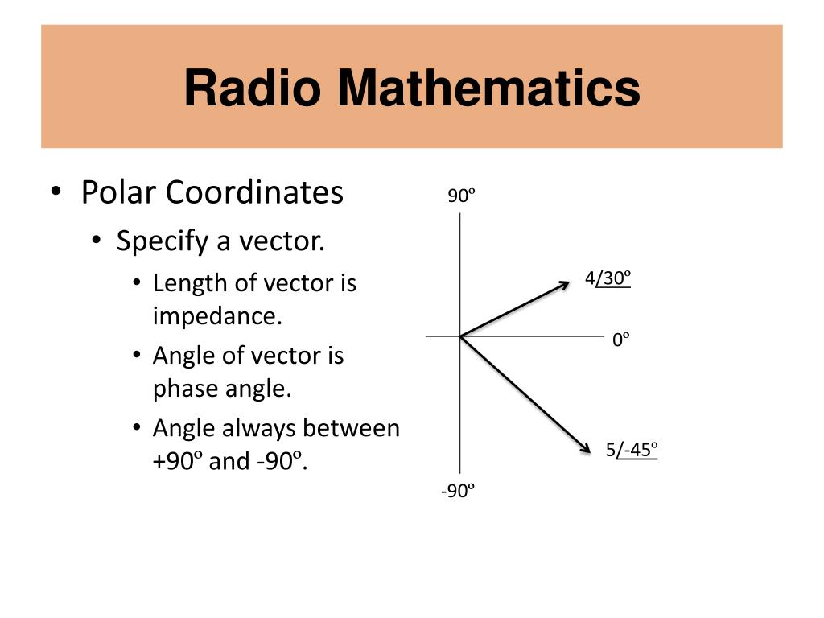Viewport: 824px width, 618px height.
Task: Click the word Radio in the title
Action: [x=253, y=88]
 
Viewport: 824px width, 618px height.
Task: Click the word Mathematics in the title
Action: [x=489, y=88]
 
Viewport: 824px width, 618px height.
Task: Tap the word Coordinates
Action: [x=254, y=192]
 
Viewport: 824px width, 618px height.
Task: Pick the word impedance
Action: [x=217, y=315]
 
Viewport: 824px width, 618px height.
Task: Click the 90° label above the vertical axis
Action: [x=461, y=196]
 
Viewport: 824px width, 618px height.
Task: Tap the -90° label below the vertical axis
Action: [x=457, y=491]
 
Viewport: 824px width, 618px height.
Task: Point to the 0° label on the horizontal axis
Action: [x=620, y=340]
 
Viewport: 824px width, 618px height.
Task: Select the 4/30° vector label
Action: [x=608, y=278]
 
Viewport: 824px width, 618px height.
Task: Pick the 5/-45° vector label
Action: [x=632, y=450]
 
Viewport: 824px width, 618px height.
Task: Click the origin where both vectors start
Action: [x=460, y=336]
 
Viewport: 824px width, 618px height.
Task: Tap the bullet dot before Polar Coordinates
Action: [x=56, y=191]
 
